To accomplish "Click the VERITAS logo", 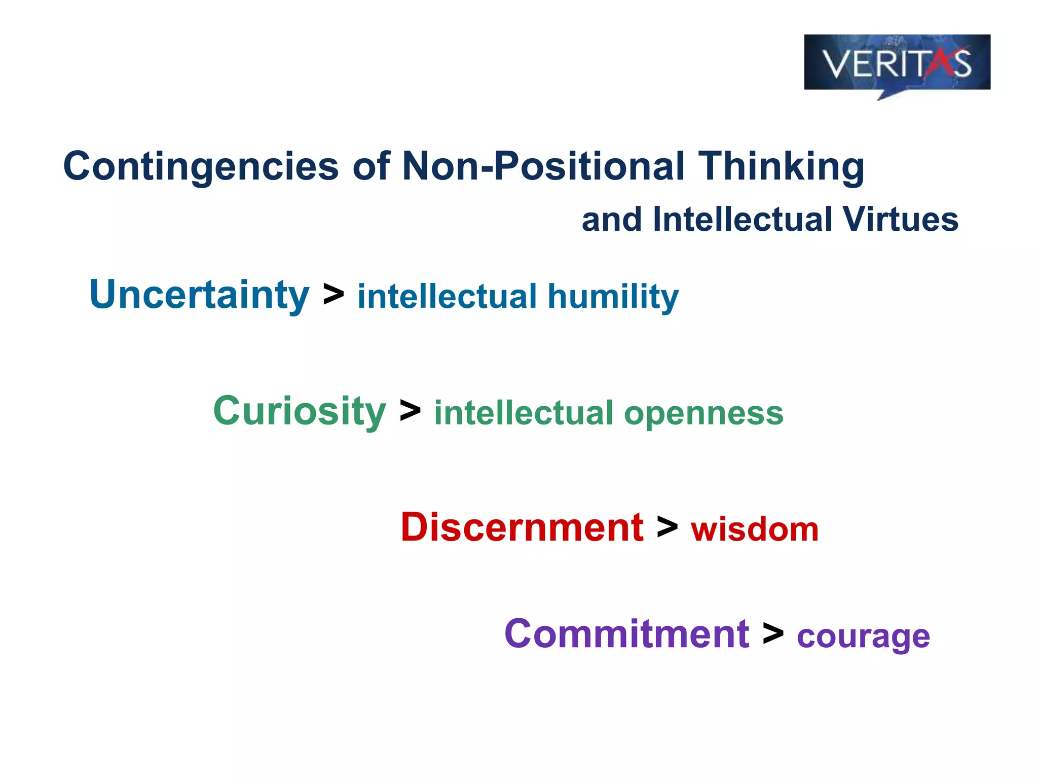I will click(x=897, y=63).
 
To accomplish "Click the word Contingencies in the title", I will click(x=201, y=166).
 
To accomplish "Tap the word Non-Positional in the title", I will click(x=543, y=166).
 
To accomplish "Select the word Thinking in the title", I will click(x=781, y=166).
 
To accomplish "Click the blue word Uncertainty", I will click(x=199, y=295).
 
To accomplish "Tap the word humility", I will click(x=613, y=297).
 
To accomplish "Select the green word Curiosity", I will click(x=300, y=411).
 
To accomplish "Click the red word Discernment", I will click(x=522, y=527).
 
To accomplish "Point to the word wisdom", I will click(x=755, y=530).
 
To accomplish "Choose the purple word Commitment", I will click(x=627, y=634).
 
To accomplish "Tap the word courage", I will click(x=863, y=637).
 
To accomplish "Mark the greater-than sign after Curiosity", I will click(x=410, y=411).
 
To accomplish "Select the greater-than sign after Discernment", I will click(x=667, y=527).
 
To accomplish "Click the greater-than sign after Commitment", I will click(x=773, y=634).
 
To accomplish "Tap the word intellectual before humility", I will click(x=447, y=297).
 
